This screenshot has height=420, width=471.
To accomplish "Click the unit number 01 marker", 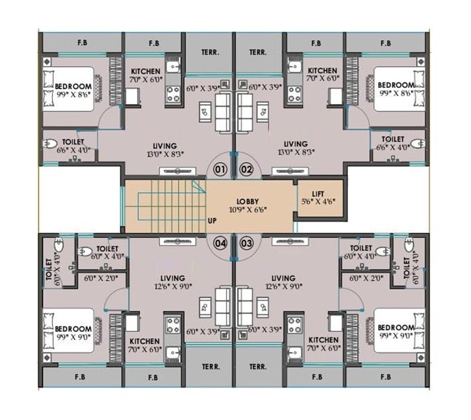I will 218,169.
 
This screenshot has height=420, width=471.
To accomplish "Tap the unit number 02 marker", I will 247,169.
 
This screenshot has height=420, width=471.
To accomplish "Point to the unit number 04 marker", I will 220,243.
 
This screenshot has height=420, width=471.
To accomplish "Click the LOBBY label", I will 247,202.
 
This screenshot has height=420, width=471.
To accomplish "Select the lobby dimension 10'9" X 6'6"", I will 248,211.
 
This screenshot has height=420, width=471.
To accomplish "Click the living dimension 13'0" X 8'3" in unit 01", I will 159,152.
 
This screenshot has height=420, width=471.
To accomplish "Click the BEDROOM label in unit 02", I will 396,85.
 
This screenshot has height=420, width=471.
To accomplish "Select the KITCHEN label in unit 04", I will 147,341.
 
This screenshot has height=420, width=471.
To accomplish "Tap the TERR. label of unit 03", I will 257,367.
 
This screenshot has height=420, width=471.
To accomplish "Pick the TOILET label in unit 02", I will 393,140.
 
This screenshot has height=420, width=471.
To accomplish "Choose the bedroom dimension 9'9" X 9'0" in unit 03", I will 396,336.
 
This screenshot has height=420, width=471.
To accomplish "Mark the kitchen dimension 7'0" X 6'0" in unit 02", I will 323,79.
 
